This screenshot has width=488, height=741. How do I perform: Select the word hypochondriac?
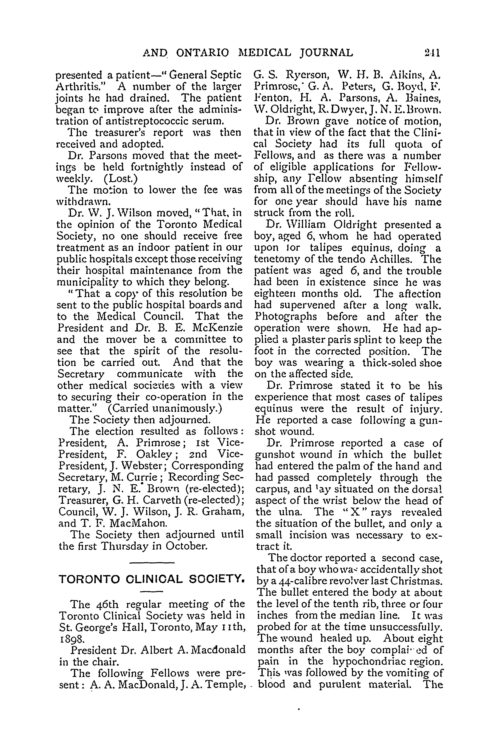370,662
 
